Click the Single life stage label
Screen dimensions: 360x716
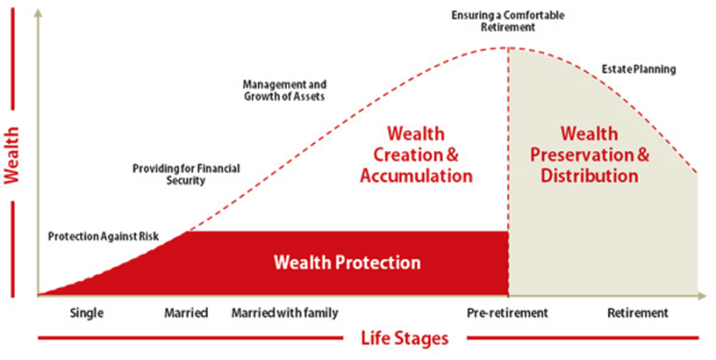(x=87, y=313)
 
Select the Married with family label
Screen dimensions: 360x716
(x=284, y=313)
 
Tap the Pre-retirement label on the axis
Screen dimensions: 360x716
(x=506, y=313)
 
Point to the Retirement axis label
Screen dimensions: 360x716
(x=638, y=313)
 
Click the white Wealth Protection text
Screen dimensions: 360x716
(x=346, y=263)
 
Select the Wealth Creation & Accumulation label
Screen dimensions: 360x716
(x=416, y=155)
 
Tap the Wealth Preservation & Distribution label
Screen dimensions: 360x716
(x=589, y=155)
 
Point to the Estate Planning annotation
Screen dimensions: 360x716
(x=638, y=68)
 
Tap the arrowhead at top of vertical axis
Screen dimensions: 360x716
(x=38, y=13)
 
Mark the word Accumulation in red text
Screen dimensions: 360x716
(x=416, y=175)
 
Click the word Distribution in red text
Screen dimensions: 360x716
(x=589, y=175)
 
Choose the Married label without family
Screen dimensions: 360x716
(x=185, y=313)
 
